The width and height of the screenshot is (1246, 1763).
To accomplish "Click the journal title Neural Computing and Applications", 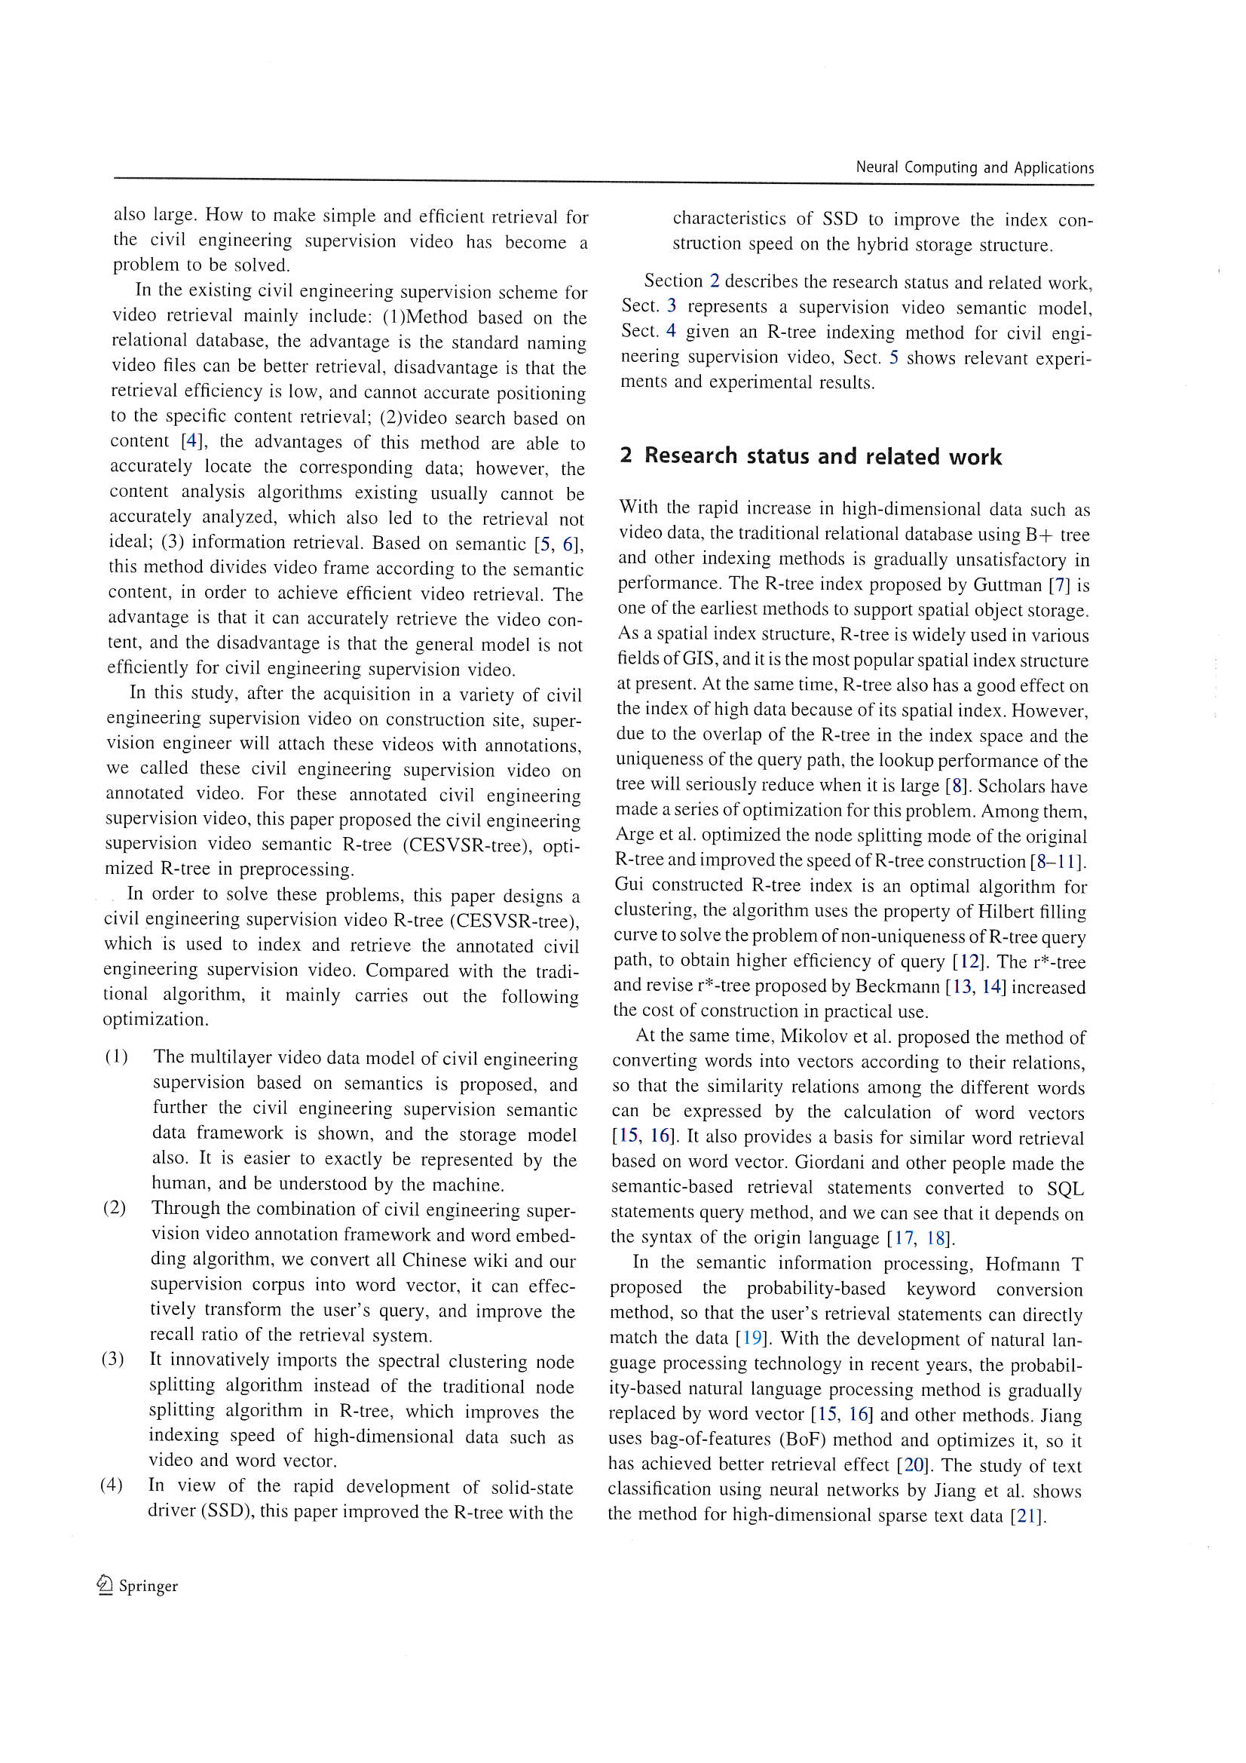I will point(974,167).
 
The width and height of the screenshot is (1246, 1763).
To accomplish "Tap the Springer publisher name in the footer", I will point(148,1587).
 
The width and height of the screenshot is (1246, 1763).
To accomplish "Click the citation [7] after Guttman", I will point(1061,585).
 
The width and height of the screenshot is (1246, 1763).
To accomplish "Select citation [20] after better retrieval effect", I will point(914,1465).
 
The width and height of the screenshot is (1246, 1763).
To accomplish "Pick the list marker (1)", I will point(117,1057).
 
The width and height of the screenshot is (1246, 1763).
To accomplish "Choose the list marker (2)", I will point(115,1208).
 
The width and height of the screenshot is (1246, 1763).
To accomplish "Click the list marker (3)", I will point(112,1359).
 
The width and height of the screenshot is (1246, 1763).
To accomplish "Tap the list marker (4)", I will point(111,1485).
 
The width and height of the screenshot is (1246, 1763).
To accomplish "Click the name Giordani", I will point(838,1163).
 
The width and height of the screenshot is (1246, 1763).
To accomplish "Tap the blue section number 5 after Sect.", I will point(894,358).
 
